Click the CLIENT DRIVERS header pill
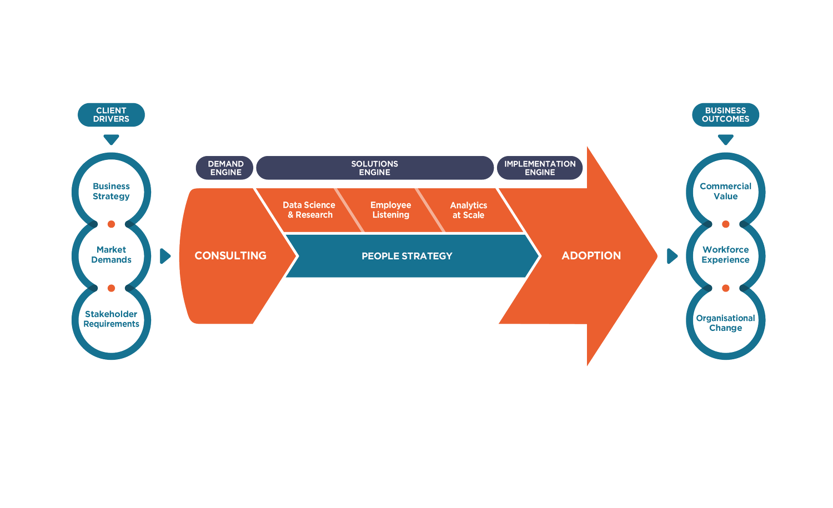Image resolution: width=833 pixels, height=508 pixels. [111, 115]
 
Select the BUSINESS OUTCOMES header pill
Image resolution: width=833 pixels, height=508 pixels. [725, 115]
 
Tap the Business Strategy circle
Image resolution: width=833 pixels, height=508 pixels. [111, 191]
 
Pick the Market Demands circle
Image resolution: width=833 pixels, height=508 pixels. [111, 255]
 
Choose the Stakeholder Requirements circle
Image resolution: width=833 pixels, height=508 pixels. [111, 319]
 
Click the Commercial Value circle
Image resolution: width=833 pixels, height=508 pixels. [725, 191]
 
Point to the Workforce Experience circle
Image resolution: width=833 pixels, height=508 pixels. [725, 255]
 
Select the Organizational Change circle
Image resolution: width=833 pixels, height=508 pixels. [725, 323]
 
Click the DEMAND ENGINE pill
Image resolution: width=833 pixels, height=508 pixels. [225, 168]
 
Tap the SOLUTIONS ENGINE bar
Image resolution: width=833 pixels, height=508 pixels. [374, 168]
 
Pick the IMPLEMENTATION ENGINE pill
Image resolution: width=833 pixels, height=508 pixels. [540, 168]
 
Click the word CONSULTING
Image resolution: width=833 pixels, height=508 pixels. [230, 256]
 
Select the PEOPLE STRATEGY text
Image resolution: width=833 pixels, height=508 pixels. [407, 256]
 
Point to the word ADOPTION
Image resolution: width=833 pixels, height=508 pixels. [591, 256]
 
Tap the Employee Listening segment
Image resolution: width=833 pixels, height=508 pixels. [390, 210]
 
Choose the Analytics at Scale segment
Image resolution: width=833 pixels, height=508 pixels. [468, 210]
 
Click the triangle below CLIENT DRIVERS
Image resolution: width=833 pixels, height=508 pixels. [111, 139]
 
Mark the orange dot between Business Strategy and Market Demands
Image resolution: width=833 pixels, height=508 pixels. [111, 224]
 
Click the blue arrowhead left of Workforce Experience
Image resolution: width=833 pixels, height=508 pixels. [671, 256]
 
